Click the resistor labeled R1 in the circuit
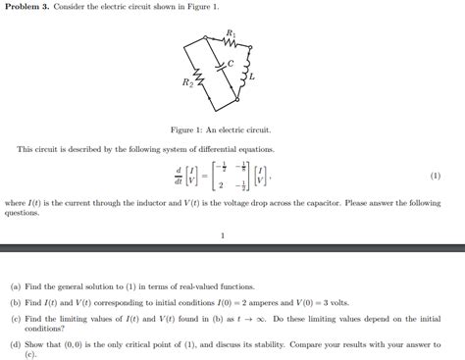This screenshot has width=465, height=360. click(230, 42)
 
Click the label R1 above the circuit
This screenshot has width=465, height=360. click(231, 32)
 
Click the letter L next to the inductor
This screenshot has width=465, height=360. click(253, 76)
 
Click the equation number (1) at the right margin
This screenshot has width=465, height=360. click(435, 176)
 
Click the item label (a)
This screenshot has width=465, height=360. click(15, 288)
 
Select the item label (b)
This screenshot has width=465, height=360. click(15, 303)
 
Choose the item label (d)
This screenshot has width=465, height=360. click(15, 344)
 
